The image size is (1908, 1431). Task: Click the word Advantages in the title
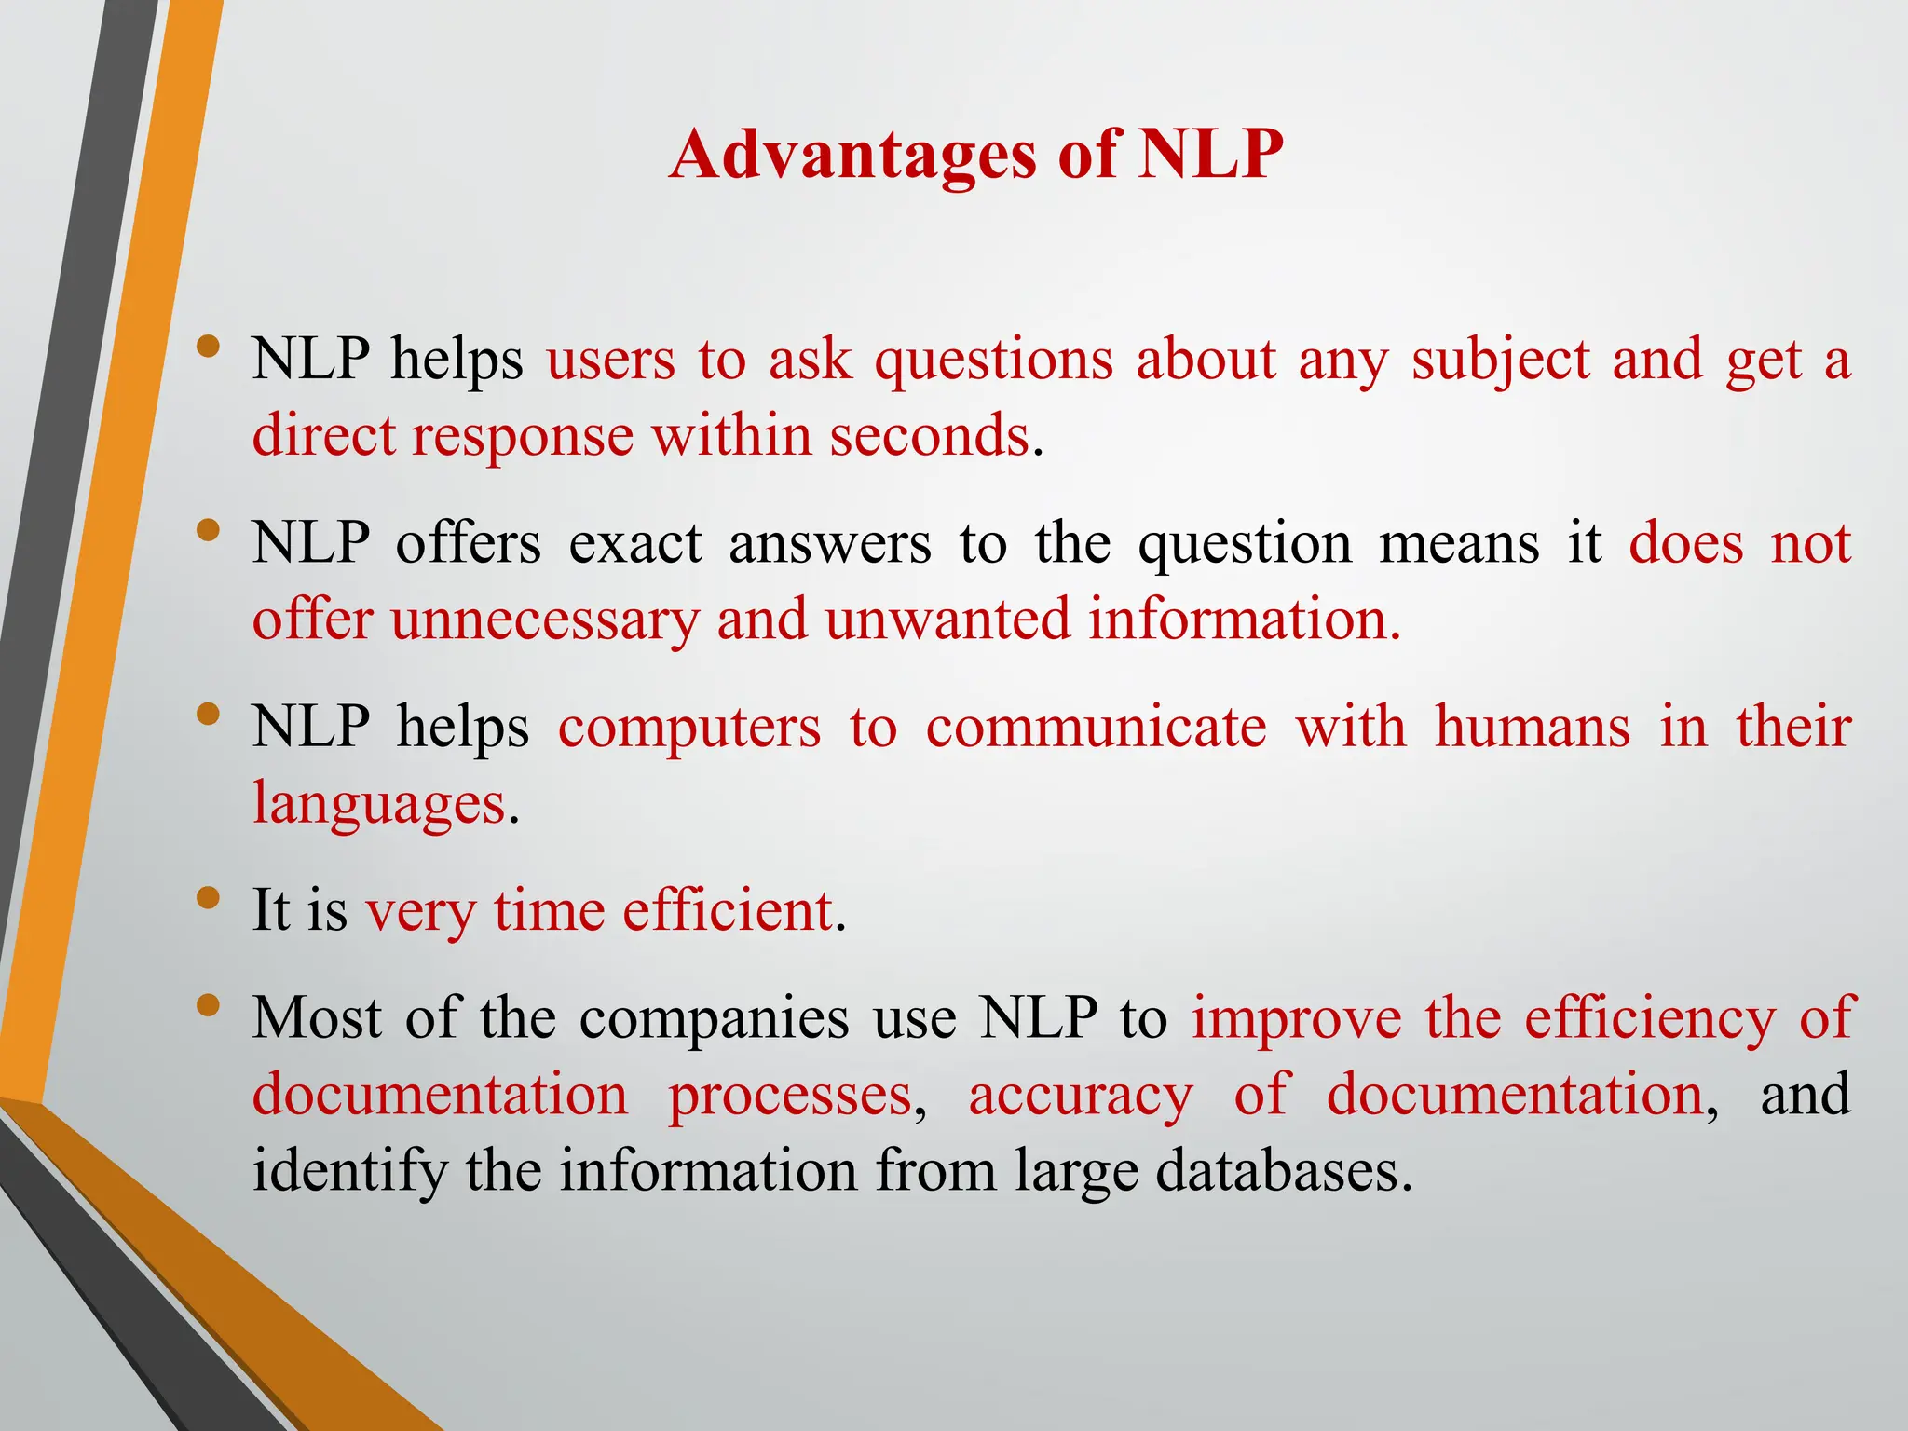click(852, 155)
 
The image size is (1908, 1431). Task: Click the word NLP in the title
click(1210, 155)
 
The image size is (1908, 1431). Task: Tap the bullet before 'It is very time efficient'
click(209, 898)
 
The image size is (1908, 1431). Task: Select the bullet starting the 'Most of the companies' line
click(209, 1005)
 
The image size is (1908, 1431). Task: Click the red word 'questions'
click(993, 361)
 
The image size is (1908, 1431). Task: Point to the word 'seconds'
click(929, 436)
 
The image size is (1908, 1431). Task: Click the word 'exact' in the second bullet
click(635, 544)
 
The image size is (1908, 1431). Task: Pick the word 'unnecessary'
click(544, 620)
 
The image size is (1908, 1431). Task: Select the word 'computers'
click(689, 728)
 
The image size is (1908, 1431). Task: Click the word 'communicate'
click(1096, 728)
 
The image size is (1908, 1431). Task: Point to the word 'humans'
click(1533, 728)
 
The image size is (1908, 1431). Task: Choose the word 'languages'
click(379, 804)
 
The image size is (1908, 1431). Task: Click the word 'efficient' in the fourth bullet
click(727, 911)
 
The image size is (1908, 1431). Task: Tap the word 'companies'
click(714, 1018)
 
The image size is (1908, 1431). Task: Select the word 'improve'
click(1297, 1018)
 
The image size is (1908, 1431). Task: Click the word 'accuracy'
click(1081, 1095)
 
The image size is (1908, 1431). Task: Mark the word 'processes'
click(790, 1095)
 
